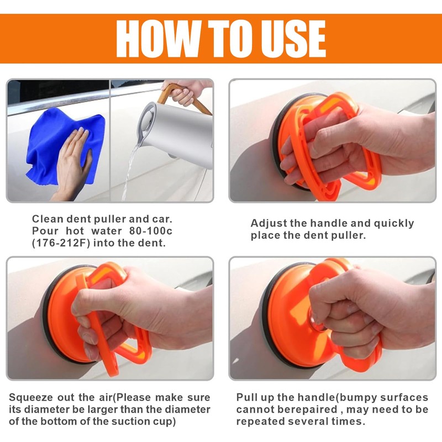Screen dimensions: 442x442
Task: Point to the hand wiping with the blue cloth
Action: tap(72, 164)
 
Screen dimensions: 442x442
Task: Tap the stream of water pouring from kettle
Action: tap(130, 172)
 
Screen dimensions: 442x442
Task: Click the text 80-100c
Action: tap(150, 231)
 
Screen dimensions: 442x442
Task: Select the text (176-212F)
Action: tap(61, 243)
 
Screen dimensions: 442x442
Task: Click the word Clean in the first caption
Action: tap(48, 219)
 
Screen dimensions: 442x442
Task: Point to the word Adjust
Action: tap(269, 224)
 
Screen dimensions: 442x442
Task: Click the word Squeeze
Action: tap(31, 398)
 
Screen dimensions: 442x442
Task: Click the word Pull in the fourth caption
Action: tap(246, 397)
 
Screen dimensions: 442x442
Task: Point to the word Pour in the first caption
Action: tap(46, 231)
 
